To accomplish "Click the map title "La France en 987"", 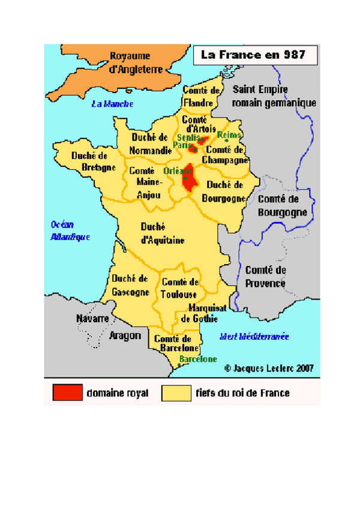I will pyautogui.click(x=253, y=55).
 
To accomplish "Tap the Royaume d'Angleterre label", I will pyautogui.click(x=136, y=62).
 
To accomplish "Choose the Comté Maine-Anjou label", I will pyautogui.click(x=145, y=182).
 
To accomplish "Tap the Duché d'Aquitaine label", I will pyautogui.click(x=162, y=233).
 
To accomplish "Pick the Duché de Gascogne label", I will pyautogui.click(x=130, y=285).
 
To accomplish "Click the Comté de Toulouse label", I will pyautogui.click(x=180, y=288).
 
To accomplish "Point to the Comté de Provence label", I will pyautogui.click(x=266, y=277).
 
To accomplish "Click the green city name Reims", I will pyautogui.click(x=229, y=134).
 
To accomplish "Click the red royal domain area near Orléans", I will pyautogui.click(x=191, y=178).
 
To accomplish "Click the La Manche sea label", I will pyautogui.click(x=112, y=104).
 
